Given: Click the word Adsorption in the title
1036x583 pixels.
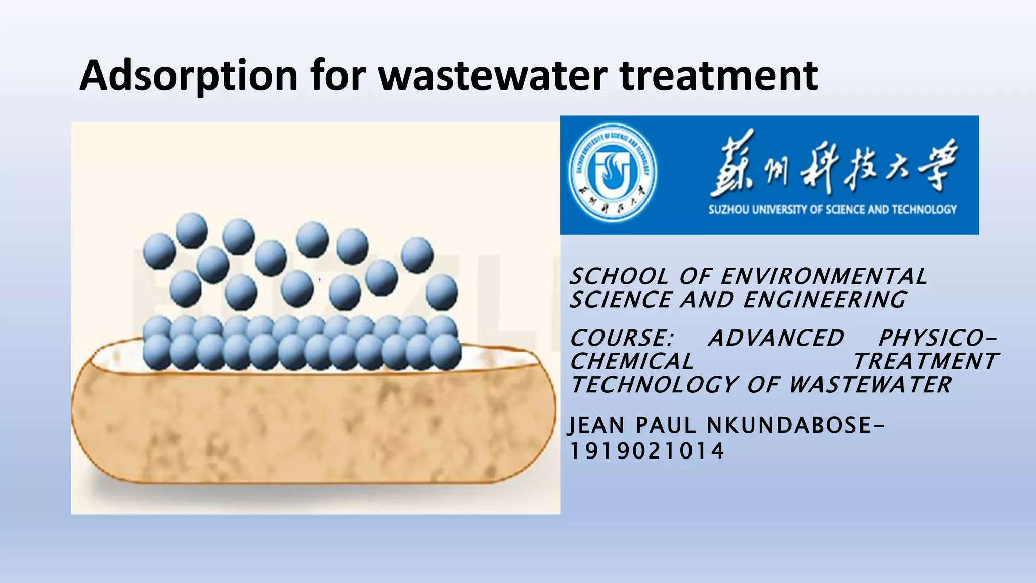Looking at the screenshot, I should coord(189,76).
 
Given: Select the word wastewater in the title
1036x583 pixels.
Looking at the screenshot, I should coord(493,76).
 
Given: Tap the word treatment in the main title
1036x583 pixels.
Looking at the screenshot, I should coord(719,76).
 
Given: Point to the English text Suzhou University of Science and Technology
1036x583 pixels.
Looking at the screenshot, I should coord(832,210).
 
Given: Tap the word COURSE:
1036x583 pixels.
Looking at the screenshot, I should coord(622,338).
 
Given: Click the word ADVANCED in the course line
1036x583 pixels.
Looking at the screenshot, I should coord(776,338).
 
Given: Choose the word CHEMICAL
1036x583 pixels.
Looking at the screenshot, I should coord(632,361).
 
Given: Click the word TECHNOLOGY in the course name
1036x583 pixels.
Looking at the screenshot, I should coord(656,385).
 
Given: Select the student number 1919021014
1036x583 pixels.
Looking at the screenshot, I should coord(647,451).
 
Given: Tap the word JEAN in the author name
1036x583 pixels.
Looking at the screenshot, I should coord(596,425).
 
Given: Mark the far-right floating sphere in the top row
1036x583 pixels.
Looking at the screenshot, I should coord(417,254).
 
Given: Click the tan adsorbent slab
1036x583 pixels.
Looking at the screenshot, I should coord(314,425).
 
